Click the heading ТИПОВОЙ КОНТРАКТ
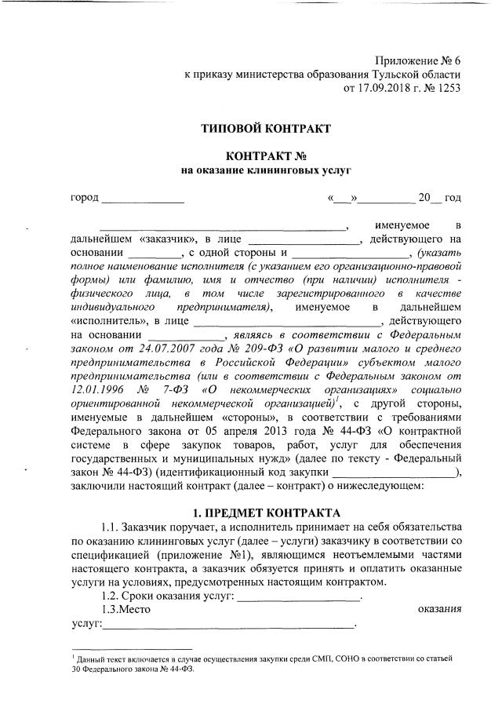(x=266, y=127)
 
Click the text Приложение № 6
(x=418, y=60)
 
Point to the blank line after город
(x=143, y=199)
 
